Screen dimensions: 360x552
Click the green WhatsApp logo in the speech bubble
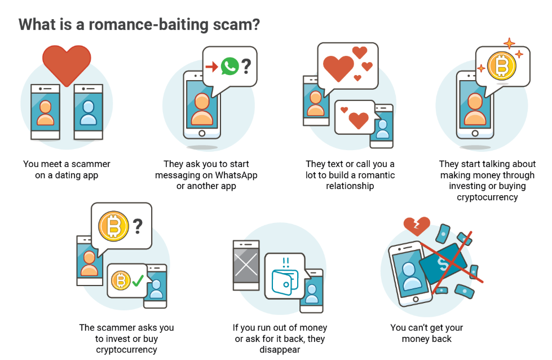(229, 67)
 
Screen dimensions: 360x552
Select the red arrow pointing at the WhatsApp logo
(211, 67)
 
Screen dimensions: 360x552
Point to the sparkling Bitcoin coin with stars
(502, 66)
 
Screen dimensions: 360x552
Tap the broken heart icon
(417, 226)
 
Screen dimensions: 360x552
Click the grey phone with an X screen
(246, 265)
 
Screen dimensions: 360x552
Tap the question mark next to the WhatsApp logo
(246, 67)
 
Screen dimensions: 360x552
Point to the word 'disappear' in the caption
(280, 349)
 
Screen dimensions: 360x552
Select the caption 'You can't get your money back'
(426, 333)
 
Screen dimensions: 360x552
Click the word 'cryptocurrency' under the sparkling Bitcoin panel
(487, 197)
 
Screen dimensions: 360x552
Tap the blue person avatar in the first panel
(88, 113)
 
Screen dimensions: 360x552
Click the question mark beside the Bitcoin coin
(137, 226)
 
